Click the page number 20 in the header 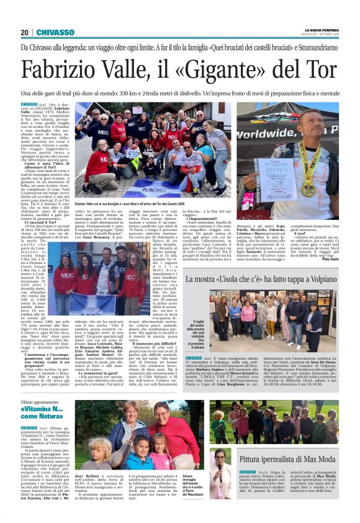pos(25,32)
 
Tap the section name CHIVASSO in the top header pos(55,32)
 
